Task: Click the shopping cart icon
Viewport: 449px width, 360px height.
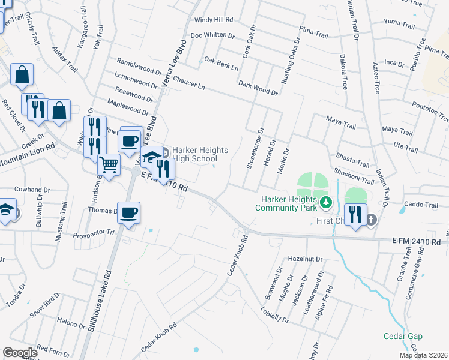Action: [109, 163]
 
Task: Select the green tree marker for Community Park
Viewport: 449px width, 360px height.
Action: [325, 203]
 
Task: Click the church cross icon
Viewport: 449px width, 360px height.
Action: [371, 220]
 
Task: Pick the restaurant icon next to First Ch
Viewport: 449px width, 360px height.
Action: [356, 214]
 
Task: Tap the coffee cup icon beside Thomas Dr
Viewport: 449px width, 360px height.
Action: [129, 212]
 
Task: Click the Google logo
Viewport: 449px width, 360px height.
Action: [20, 352]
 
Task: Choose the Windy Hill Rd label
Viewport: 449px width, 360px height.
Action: [212, 20]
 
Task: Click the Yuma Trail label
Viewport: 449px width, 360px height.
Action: [399, 26]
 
